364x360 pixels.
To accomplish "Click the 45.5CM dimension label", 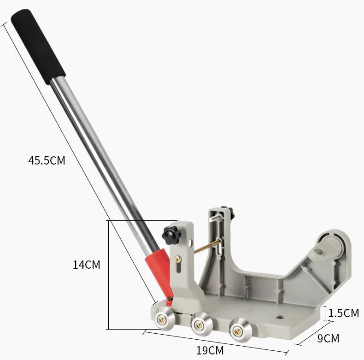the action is [x=47, y=160].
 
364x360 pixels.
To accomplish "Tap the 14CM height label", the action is [x=86, y=265].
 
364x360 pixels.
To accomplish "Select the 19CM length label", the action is [x=210, y=350].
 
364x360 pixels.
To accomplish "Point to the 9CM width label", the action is [x=328, y=338].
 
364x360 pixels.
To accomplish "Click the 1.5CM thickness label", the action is [x=344, y=313].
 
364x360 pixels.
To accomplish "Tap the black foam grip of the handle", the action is [x=38, y=47].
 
